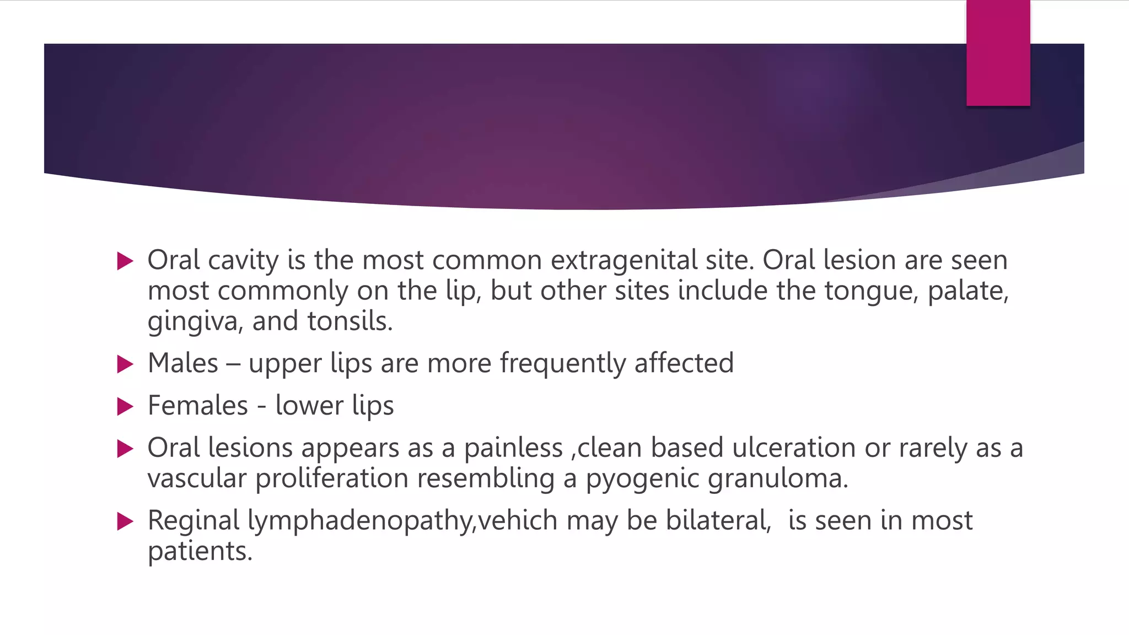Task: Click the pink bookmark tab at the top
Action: pos(998,53)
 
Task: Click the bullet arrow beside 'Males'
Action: pos(126,364)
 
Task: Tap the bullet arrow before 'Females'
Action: pos(126,407)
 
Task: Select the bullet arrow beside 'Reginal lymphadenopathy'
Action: pos(126,521)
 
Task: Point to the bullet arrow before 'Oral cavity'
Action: pos(126,261)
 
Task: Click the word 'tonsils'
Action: pos(349,321)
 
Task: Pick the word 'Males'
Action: pos(183,363)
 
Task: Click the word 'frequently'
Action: pos(562,364)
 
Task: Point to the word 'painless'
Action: pos(513,448)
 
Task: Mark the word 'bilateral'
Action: pos(718,520)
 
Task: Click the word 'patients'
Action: pos(200,551)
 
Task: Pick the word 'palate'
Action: pos(967,291)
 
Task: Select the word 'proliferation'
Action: pos(331,478)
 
